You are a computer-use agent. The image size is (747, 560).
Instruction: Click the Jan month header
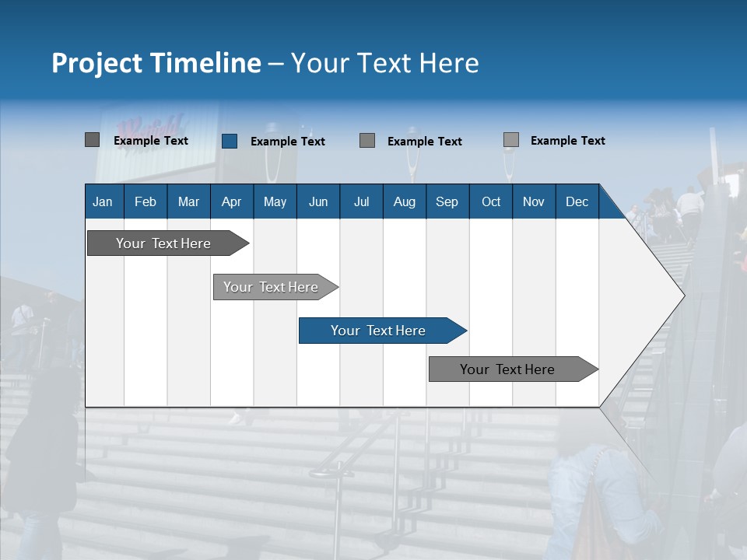[103, 201]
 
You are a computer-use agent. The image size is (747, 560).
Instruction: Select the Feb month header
[146, 201]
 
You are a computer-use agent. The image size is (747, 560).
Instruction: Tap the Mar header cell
[188, 201]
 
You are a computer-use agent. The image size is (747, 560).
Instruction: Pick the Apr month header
[232, 201]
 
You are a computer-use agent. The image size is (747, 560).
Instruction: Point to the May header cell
[275, 201]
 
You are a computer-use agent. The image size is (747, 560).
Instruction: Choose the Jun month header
[318, 201]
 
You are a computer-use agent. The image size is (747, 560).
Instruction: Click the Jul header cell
[361, 201]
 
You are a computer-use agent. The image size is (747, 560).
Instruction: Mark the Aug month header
[405, 201]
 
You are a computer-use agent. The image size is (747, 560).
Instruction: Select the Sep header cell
[447, 201]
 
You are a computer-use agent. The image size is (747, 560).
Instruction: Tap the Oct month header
[491, 201]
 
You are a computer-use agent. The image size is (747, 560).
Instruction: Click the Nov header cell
[534, 201]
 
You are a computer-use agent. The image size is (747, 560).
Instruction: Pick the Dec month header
[577, 201]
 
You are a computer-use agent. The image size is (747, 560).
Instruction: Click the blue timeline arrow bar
[379, 331]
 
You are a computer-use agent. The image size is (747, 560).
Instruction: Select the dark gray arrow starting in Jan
[164, 243]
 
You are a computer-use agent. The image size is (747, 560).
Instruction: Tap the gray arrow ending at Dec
[508, 369]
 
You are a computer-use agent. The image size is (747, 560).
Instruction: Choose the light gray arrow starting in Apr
[272, 287]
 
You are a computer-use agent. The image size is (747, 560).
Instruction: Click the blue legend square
[230, 141]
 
